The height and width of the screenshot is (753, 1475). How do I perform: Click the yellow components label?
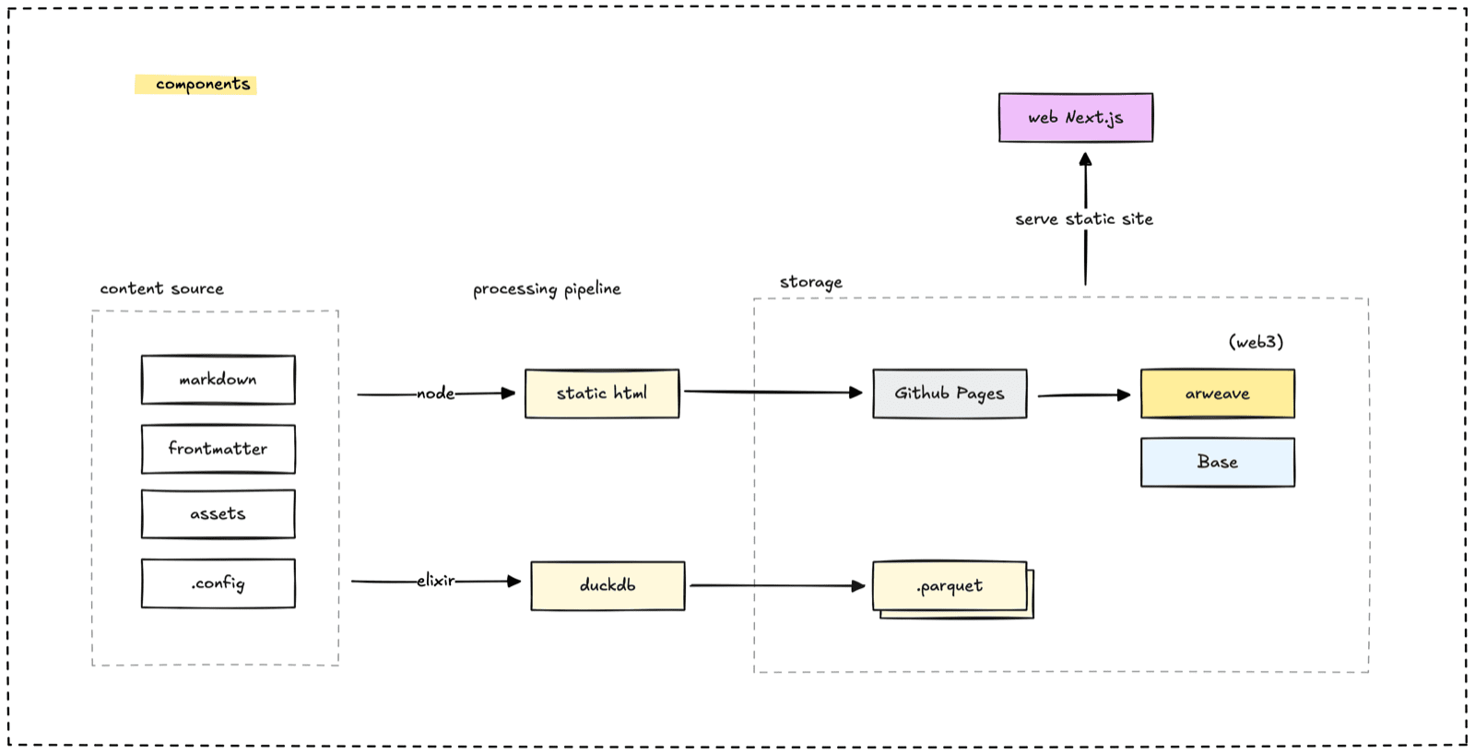point(195,84)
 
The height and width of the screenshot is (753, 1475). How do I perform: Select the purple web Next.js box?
point(1076,117)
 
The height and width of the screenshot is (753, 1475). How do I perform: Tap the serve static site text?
point(1084,218)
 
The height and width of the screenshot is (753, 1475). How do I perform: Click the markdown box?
point(218,380)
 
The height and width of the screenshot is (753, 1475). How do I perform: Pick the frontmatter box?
point(218,449)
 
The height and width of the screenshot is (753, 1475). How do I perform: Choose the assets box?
point(218,514)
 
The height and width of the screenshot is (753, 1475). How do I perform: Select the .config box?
point(218,583)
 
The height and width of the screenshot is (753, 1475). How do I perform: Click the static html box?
point(602,394)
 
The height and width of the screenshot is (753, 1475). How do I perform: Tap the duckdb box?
point(608,586)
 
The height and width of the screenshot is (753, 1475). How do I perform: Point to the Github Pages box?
point(950,394)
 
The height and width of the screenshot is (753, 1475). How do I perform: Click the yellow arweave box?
point(1218,394)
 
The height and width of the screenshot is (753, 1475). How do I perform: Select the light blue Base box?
point(1218,462)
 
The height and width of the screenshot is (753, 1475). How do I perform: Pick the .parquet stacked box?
point(952,588)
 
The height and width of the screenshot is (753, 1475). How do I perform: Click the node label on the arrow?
point(435,394)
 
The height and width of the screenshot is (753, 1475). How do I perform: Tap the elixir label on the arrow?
point(435,581)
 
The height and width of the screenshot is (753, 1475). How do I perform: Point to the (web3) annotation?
point(1256,342)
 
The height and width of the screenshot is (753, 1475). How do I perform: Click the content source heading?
point(161,288)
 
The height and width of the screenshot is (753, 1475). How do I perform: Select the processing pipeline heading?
point(547,289)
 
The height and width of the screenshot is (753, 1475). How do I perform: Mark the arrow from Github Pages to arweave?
point(1084,394)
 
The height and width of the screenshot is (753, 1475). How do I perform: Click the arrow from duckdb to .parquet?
point(778,585)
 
